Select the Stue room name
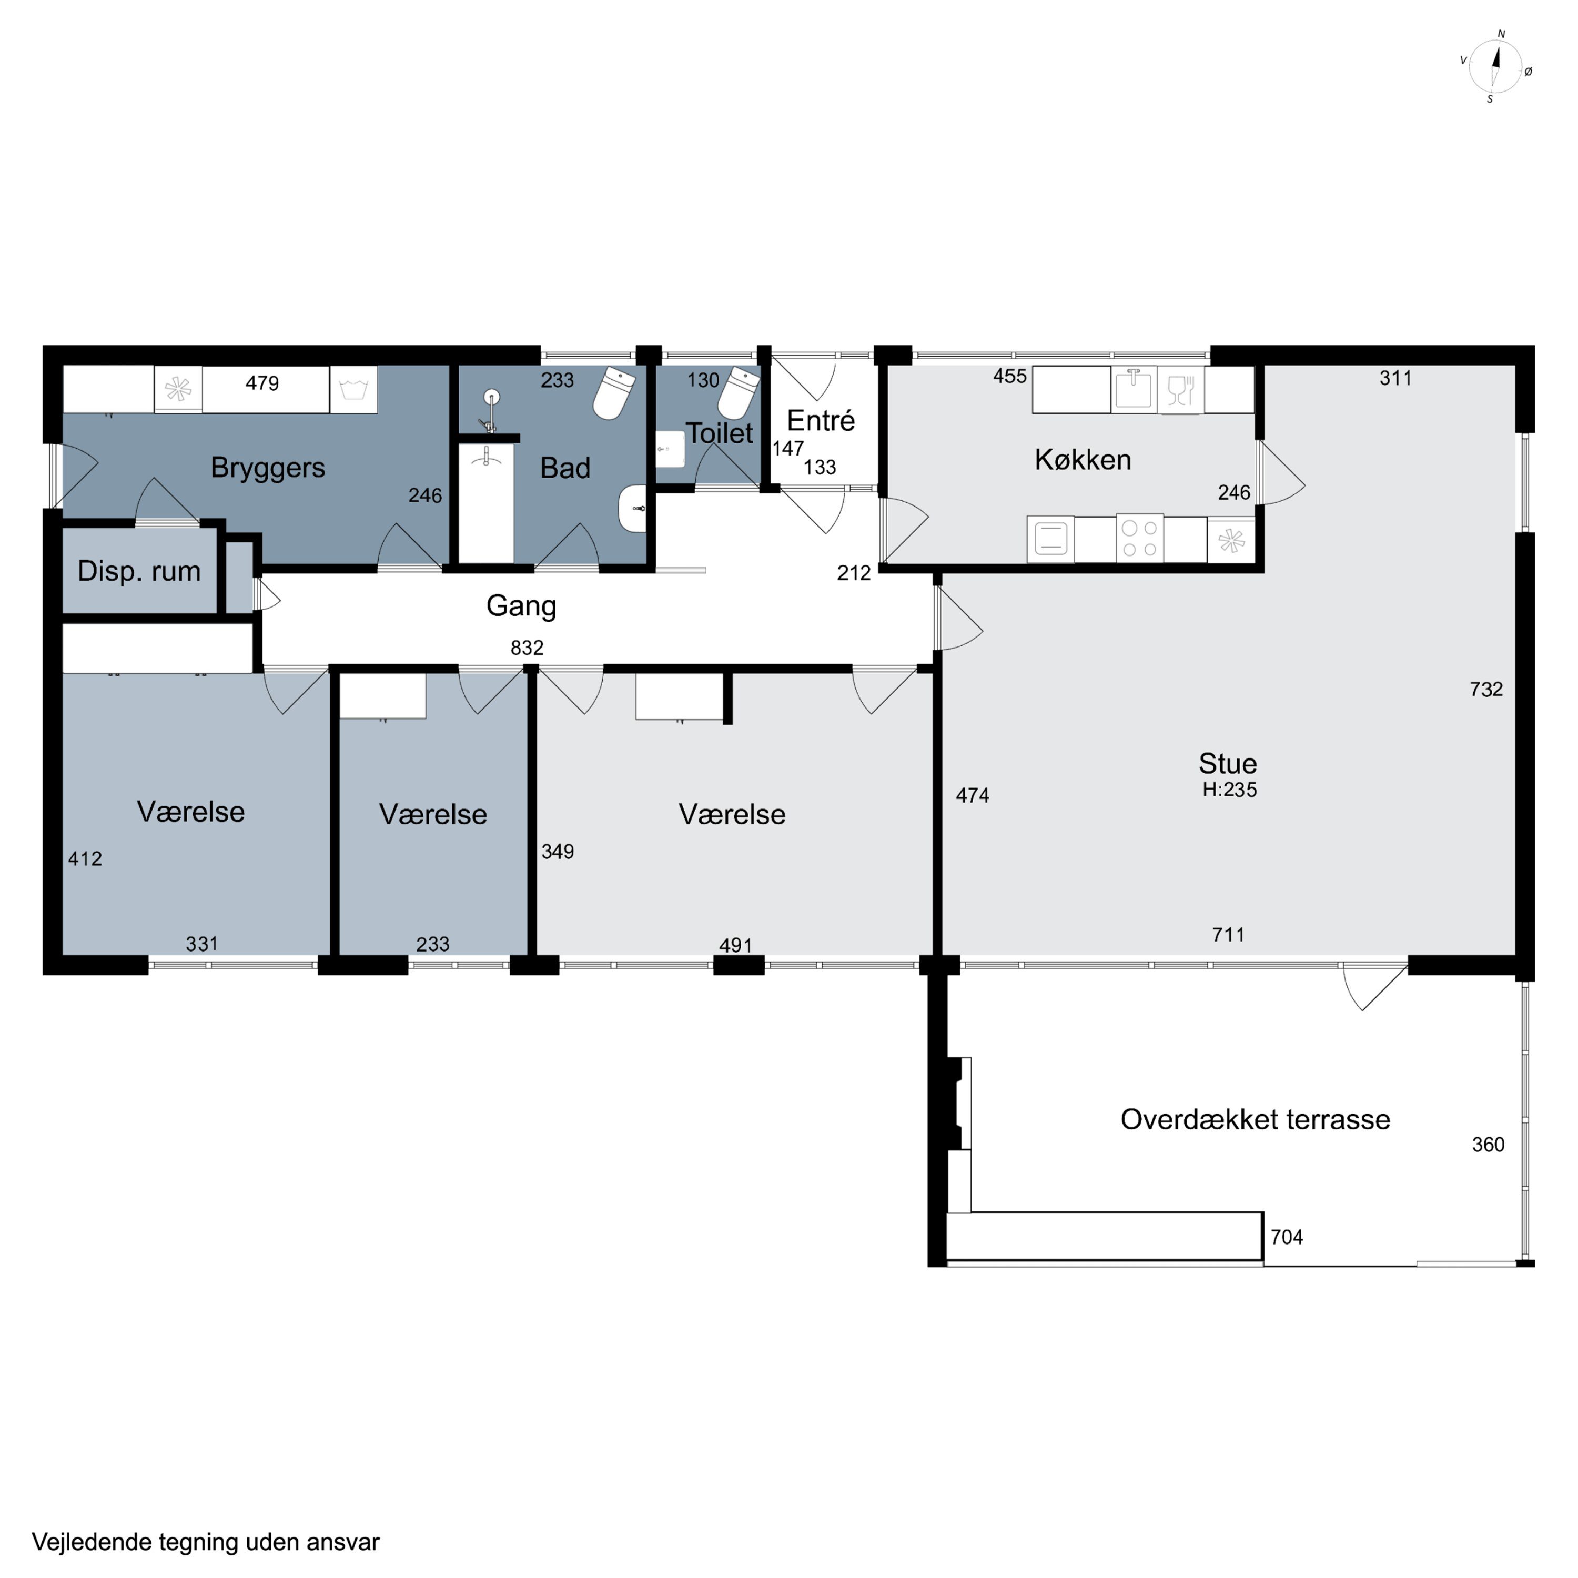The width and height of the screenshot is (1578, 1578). (x=1228, y=764)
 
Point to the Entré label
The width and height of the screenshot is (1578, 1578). (x=821, y=421)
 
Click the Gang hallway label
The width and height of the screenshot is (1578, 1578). (x=521, y=606)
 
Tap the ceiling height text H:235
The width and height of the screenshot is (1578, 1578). (x=1229, y=790)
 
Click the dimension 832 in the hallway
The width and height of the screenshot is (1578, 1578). (x=527, y=648)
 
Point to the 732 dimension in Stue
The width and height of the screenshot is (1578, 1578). (x=1486, y=690)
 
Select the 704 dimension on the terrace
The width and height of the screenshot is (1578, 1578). (x=1287, y=1237)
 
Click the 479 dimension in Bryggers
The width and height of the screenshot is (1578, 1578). (x=262, y=383)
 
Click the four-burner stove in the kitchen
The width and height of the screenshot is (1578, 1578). (x=1139, y=538)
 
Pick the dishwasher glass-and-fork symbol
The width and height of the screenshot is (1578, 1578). (x=1180, y=390)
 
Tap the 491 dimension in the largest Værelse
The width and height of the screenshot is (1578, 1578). (x=735, y=945)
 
